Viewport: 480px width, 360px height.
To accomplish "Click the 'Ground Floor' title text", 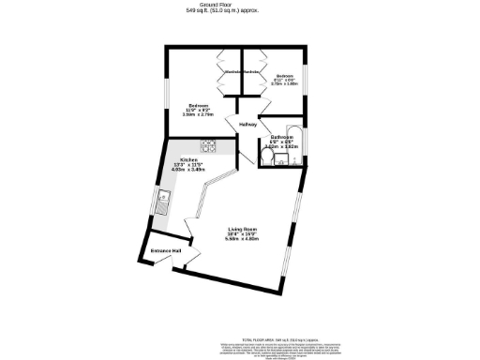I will tap(239, 4).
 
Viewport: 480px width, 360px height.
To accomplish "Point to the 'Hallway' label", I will tap(248, 124).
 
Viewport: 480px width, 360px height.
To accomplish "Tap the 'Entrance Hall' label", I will tap(167, 251).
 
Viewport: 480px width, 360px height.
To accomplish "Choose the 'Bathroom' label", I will tap(282, 137).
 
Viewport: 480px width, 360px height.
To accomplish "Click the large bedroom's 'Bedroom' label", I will tap(198, 105).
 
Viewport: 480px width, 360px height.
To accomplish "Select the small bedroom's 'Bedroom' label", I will tap(284, 76).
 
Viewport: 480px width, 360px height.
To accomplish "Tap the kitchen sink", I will tap(163, 199).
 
